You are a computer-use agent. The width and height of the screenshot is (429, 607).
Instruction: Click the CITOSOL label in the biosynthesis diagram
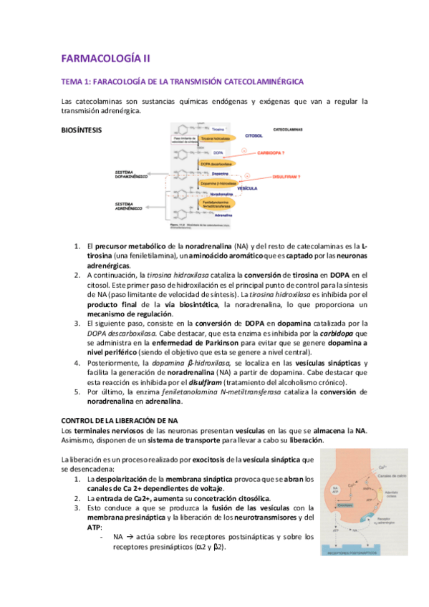255,134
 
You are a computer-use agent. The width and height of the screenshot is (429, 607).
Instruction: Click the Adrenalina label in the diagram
223,214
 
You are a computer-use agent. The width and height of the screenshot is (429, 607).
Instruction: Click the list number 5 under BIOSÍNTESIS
78,392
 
